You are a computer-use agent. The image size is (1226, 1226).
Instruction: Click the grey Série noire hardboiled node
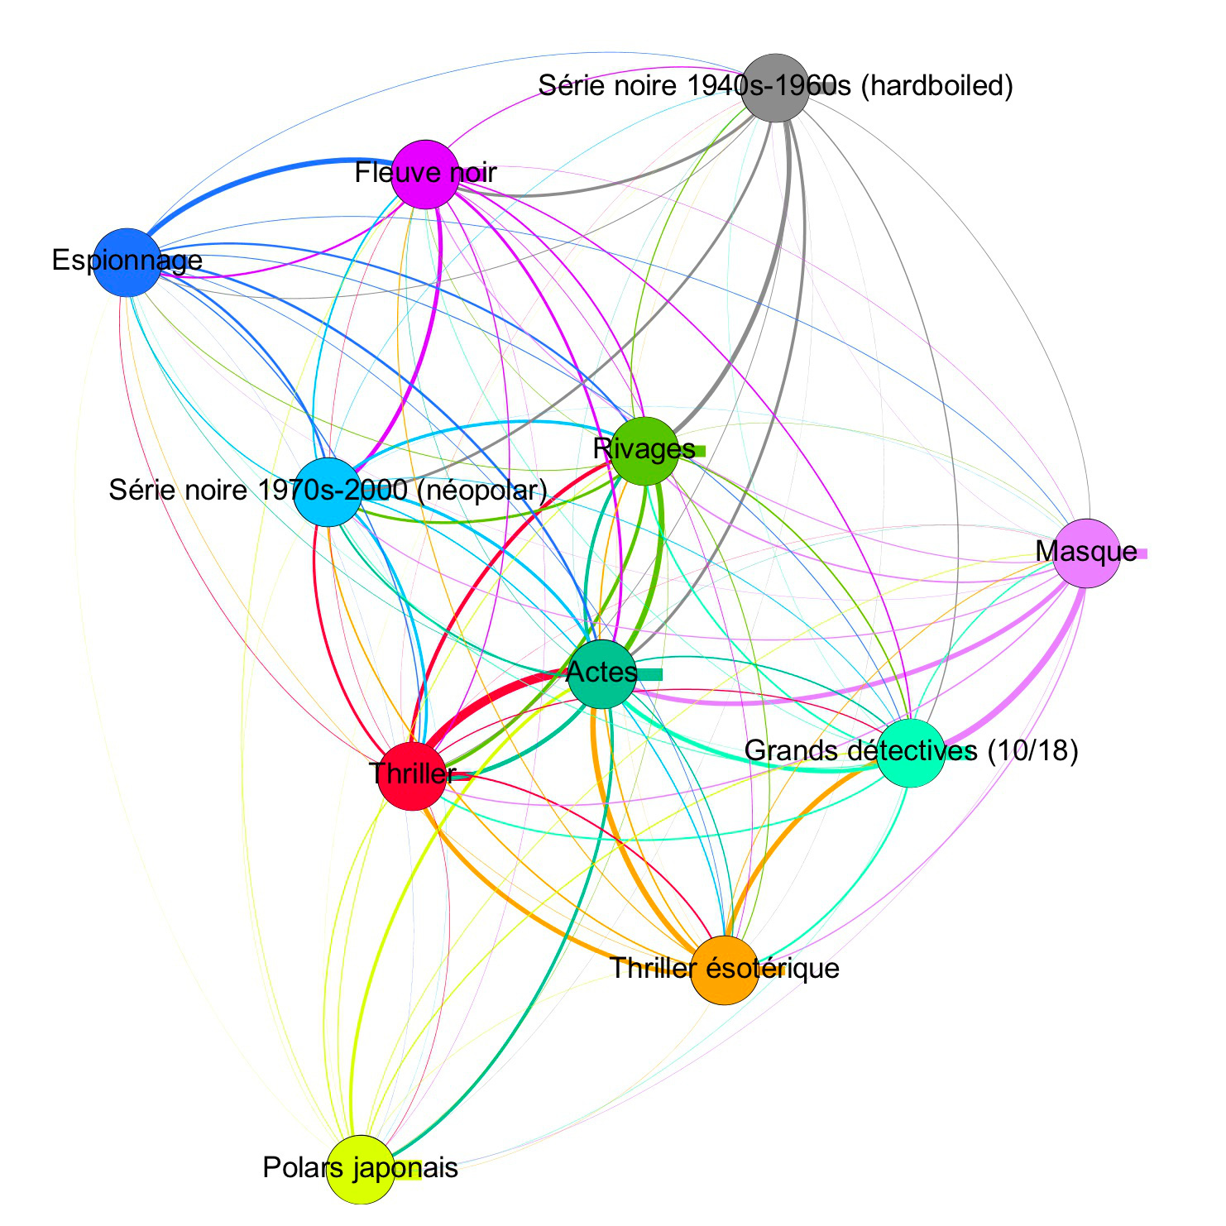(775, 88)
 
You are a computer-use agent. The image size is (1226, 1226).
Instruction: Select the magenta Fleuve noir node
(425, 174)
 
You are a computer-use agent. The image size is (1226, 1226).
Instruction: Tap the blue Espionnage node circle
(127, 262)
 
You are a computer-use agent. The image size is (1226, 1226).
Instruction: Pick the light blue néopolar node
(328, 491)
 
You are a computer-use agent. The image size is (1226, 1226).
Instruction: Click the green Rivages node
(644, 451)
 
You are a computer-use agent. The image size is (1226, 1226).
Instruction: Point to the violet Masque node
(1086, 553)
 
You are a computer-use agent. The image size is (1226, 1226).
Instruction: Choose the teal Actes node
(602, 673)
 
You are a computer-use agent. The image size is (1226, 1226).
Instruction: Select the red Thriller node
(412, 776)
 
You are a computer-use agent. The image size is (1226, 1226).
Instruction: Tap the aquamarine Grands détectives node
(910, 752)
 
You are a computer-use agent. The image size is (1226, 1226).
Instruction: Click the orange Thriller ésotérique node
(724, 970)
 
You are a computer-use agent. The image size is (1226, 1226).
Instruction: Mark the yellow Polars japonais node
(361, 1170)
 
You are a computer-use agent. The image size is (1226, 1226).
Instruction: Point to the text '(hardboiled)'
(937, 85)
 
